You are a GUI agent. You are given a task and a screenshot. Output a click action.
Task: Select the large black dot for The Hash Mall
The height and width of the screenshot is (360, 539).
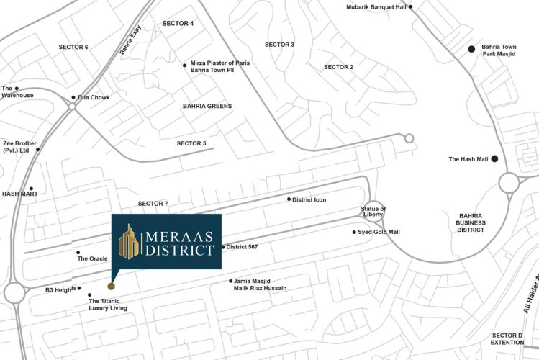pyautogui.click(x=494, y=158)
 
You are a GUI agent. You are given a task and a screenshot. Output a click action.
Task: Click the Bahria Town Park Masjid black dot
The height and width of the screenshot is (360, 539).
pyautogui.click(x=471, y=48)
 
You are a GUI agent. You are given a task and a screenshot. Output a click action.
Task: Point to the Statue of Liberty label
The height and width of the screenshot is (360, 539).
pyautogui.click(x=373, y=212)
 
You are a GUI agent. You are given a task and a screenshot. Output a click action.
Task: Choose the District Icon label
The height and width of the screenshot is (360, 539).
pyautogui.click(x=309, y=199)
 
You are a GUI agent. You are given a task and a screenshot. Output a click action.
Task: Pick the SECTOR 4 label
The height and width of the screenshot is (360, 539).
pyautogui.click(x=178, y=24)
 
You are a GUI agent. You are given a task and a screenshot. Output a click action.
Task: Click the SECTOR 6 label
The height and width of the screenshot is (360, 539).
pyautogui.click(x=73, y=47)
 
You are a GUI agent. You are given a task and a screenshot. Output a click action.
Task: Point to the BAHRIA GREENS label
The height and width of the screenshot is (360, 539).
pyautogui.click(x=207, y=106)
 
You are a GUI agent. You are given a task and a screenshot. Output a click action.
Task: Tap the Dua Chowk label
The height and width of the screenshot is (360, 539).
pyautogui.click(x=94, y=97)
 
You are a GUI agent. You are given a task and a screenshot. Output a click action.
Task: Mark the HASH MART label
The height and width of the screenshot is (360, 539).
pyautogui.click(x=19, y=194)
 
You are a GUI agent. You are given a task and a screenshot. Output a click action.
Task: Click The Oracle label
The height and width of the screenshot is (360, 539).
pyautogui.click(x=92, y=258)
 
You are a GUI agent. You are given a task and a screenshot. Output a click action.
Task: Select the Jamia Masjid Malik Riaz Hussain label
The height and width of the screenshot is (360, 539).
pyautogui.click(x=260, y=284)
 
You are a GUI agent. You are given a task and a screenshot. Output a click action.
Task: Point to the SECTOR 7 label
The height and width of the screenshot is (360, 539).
pyautogui.click(x=153, y=204)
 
